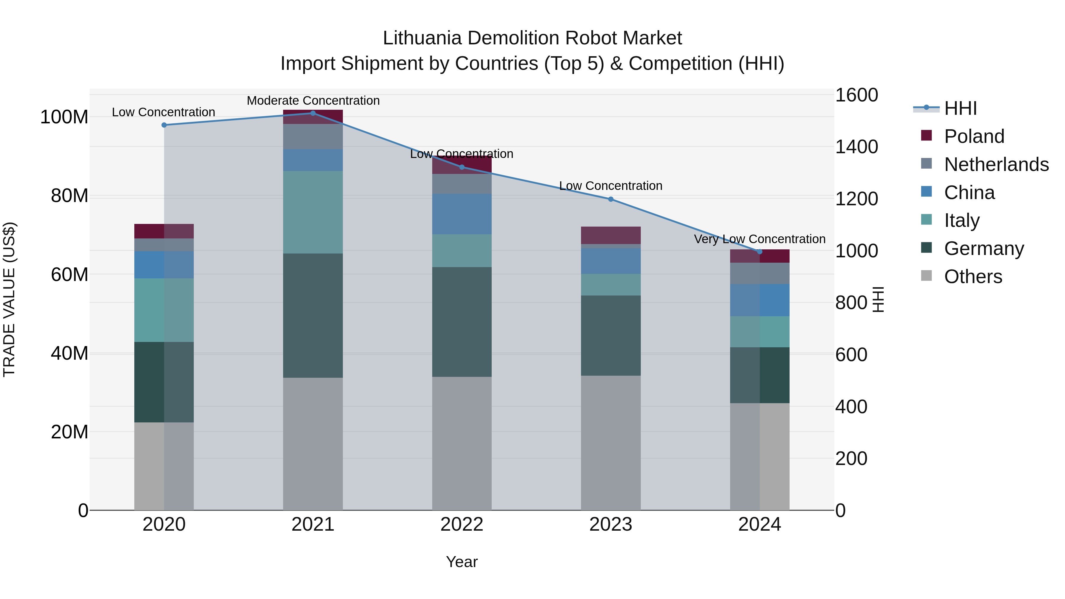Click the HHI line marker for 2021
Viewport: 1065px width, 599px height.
[313, 113]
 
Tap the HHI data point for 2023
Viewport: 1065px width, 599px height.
[611, 199]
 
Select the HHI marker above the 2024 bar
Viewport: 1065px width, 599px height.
[759, 252]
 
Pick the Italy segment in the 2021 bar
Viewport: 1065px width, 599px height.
[313, 212]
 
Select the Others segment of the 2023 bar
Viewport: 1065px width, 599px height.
[611, 443]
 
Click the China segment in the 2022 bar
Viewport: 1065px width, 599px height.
[462, 214]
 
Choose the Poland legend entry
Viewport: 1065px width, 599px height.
[974, 136]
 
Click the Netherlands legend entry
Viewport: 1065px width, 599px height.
[996, 164]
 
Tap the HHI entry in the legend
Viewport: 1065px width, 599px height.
[960, 108]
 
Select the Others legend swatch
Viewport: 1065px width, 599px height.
[927, 276]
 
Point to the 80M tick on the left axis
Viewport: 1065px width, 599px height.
[70, 196]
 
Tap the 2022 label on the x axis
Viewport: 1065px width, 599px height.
[462, 524]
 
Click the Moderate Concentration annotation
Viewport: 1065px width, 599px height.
[313, 101]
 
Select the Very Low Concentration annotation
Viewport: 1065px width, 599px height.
[759, 239]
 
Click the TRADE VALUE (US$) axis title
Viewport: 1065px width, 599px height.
[9, 299]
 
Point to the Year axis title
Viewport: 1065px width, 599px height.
[462, 562]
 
